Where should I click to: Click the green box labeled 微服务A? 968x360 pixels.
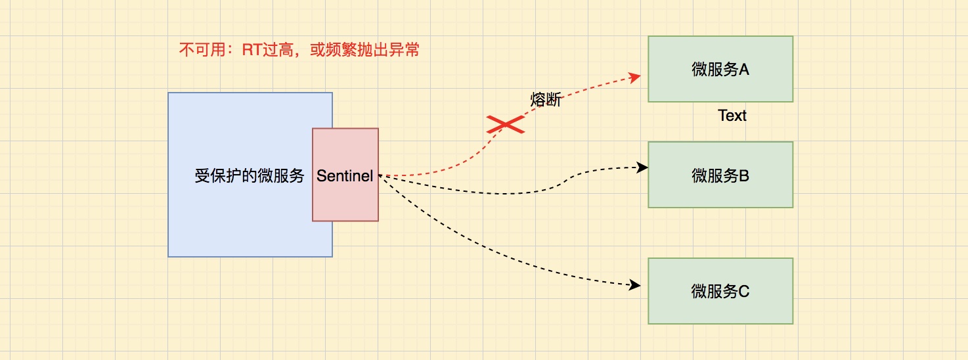click(720, 69)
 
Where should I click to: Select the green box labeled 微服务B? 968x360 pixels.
click(720, 175)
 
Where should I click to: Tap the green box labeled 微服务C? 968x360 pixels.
click(720, 291)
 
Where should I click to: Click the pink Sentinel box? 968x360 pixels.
click(345, 197)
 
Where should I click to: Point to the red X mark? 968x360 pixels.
click(506, 124)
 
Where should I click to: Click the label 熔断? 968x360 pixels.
click(546, 101)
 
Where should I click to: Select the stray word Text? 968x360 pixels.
click(732, 116)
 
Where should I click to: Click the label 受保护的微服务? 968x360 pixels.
click(250, 176)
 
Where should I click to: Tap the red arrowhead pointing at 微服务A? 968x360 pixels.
click(635, 77)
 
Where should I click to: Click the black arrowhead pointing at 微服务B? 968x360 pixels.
click(644, 168)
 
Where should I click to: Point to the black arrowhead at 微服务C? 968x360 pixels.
click(635, 285)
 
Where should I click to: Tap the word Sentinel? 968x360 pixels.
click(345, 176)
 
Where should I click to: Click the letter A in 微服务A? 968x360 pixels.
click(744, 69)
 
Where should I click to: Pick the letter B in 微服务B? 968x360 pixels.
click(744, 175)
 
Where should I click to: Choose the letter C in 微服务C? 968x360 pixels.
click(744, 292)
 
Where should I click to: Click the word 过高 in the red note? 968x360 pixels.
click(279, 50)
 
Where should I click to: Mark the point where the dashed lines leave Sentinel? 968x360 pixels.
click(380, 175)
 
